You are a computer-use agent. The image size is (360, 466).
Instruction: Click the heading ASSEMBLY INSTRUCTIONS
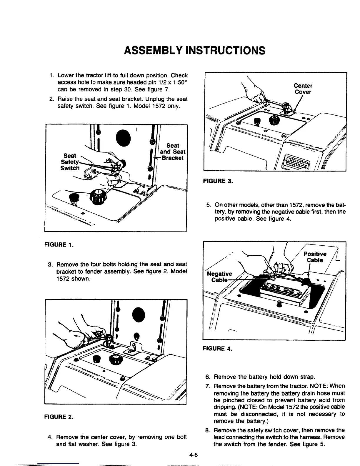194,50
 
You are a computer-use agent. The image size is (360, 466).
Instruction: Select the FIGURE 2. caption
59,417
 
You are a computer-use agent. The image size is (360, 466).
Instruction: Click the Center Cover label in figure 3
303,89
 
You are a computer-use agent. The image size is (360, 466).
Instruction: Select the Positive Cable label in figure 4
315,257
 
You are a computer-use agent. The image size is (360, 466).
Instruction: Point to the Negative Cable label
219,277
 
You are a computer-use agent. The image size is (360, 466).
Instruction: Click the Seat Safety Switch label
70,162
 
